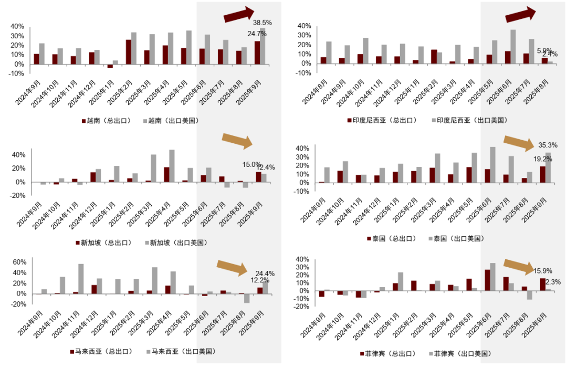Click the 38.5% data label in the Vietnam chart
pyautogui.click(x=262, y=23)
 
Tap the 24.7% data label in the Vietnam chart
pyautogui.click(x=257, y=34)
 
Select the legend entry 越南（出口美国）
pyautogui.click(x=170, y=121)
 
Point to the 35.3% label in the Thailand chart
pyautogui.click(x=548, y=145)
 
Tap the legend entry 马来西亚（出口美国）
pyautogui.click(x=180, y=351)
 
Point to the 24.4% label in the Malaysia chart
pyautogui.click(x=264, y=274)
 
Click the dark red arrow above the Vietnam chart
pyautogui.click(x=239, y=15)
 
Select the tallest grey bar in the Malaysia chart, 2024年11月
pyautogui.click(x=81, y=279)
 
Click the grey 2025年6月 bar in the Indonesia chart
pyautogui.click(x=513, y=46)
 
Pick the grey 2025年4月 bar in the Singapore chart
pyautogui.click(x=172, y=166)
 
